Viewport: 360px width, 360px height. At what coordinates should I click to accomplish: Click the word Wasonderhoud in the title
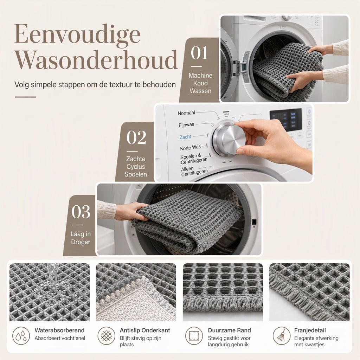tap(96, 60)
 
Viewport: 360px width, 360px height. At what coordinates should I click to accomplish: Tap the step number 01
tap(199, 53)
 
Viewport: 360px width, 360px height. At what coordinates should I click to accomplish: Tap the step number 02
tap(136, 137)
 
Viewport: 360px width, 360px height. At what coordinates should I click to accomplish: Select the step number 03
tap(81, 211)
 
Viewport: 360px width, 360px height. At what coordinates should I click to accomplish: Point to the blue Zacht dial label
tap(185, 137)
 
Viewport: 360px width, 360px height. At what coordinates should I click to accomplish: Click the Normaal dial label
tap(186, 113)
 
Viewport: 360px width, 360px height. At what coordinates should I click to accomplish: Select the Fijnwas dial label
tap(186, 125)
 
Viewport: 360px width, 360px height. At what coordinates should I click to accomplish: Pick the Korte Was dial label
tap(190, 147)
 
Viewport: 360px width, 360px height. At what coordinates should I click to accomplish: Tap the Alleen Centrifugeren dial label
tap(194, 171)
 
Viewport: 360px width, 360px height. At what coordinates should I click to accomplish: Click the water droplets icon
tap(21, 336)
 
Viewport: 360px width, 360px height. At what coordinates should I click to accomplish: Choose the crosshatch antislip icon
tap(106, 336)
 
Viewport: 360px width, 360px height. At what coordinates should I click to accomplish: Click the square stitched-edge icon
tap(194, 336)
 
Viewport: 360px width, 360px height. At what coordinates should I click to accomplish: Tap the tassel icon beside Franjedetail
tap(282, 336)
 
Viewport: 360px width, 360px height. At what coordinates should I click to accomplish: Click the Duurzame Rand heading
tap(229, 330)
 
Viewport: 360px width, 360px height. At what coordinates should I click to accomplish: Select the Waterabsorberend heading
tap(59, 330)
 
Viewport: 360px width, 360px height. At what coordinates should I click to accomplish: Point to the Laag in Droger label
tap(81, 238)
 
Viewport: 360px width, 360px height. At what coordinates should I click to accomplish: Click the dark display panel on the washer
tap(285, 120)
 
